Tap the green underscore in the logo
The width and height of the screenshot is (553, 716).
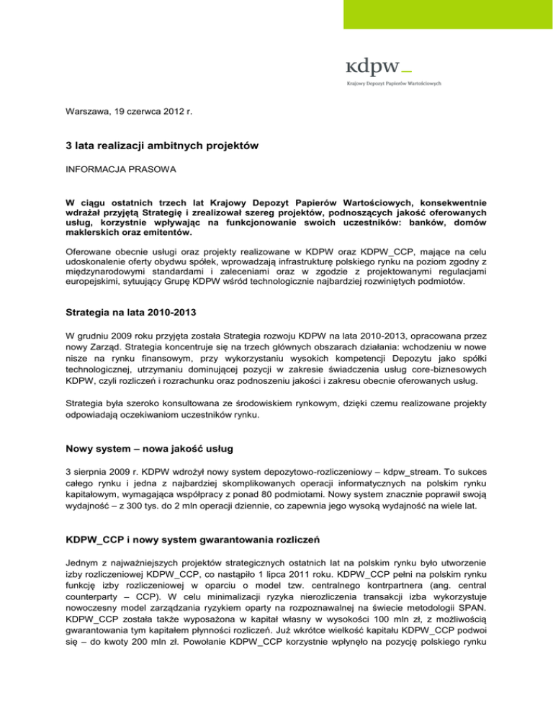406,72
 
